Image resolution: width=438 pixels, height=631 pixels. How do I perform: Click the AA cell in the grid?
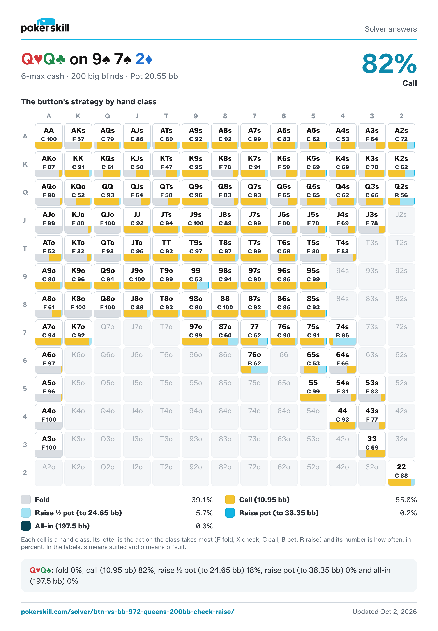pyautogui.click(x=49, y=136)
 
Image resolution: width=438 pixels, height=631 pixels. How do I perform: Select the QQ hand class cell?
pyautogui.click(x=108, y=192)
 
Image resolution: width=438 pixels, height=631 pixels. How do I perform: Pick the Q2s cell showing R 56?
pyautogui.click(x=401, y=192)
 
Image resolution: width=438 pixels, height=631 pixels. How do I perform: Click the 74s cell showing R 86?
pyautogui.click(x=343, y=333)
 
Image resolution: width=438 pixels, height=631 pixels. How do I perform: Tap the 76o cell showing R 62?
pyautogui.click(x=254, y=361)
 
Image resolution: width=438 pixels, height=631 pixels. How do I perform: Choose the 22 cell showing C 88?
pyautogui.click(x=401, y=473)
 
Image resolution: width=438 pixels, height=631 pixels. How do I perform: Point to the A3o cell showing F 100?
pyautogui.click(x=49, y=445)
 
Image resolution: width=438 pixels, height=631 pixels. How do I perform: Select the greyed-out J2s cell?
pyautogui.click(x=401, y=220)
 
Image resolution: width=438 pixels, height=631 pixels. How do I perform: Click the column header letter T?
pyautogui.click(x=166, y=116)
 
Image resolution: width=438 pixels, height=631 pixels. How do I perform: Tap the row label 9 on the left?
pyautogui.click(x=25, y=277)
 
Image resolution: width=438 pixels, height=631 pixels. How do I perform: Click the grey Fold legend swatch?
pyautogui.click(x=26, y=500)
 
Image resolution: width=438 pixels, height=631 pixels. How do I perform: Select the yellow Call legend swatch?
pyautogui.click(x=230, y=500)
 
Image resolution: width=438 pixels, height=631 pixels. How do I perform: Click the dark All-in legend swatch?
pyautogui.click(x=26, y=526)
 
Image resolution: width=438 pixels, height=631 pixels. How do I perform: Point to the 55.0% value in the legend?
pyautogui.click(x=406, y=500)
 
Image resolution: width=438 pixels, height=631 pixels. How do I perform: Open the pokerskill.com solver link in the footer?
pyautogui.click(x=128, y=612)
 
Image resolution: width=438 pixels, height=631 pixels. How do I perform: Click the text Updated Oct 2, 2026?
pyautogui.click(x=385, y=612)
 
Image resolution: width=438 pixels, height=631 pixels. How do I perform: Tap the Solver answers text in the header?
pyautogui.click(x=390, y=29)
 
